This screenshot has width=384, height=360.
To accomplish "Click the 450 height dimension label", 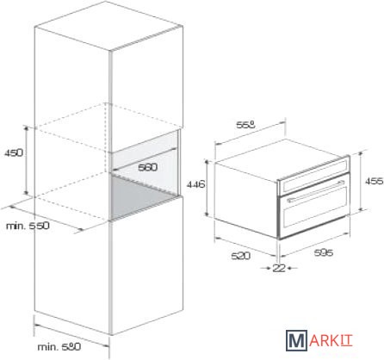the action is [x=14, y=152].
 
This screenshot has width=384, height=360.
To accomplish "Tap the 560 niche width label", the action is [x=148, y=167].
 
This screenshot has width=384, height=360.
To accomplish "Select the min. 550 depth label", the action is [x=28, y=226].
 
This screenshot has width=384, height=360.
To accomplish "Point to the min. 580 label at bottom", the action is [x=59, y=347].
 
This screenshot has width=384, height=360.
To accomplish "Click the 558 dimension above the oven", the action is [x=245, y=125].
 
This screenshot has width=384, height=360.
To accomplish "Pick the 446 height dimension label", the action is [x=196, y=184].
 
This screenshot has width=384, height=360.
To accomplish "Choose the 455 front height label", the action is [x=375, y=181].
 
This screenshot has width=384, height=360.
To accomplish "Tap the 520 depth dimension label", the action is [x=240, y=256].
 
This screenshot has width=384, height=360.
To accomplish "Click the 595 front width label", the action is [x=324, y=252].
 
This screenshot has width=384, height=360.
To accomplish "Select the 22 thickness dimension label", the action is [x=279, y=268].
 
